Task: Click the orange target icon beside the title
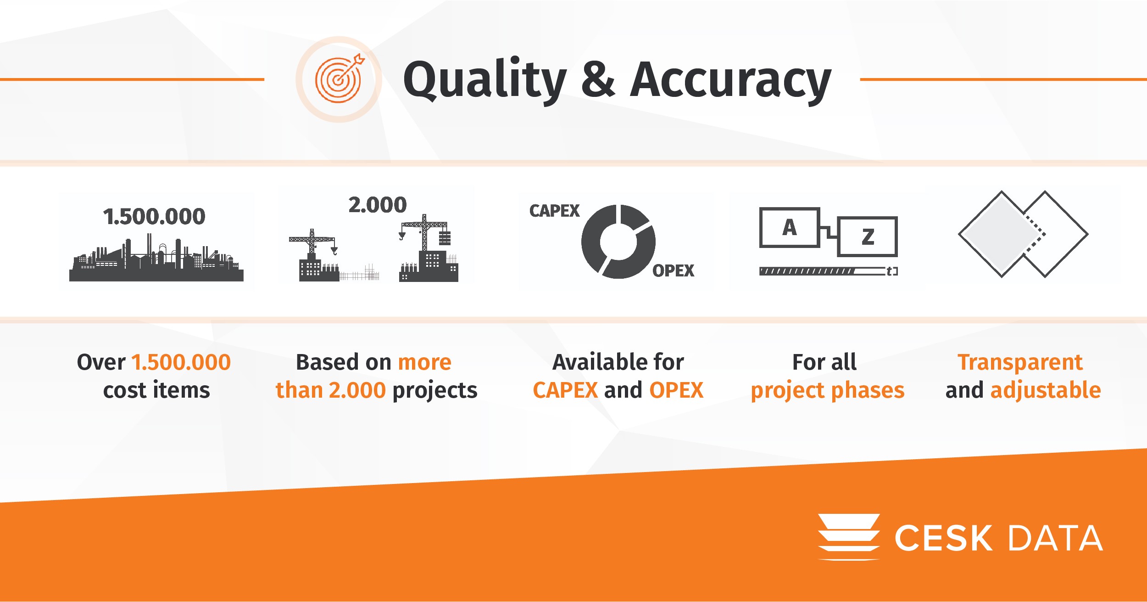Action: [x=339, y=79]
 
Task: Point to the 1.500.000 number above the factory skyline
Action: [x=154, y=217]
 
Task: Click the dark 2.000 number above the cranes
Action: [x=378, y=205]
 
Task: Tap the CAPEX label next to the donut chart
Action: [x=554, y=211]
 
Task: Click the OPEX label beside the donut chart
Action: [x=673, y=271]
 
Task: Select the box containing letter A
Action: [x=790, y=227]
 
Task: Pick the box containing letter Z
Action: [x=867, y=236]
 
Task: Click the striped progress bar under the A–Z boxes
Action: [x=828, y=271]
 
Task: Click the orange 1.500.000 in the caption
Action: [x=181, y=362]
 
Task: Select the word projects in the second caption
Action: [x=435, y=391]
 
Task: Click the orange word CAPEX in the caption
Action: [x=565, y=390]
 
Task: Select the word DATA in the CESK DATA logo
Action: [x=1055, y=538]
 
